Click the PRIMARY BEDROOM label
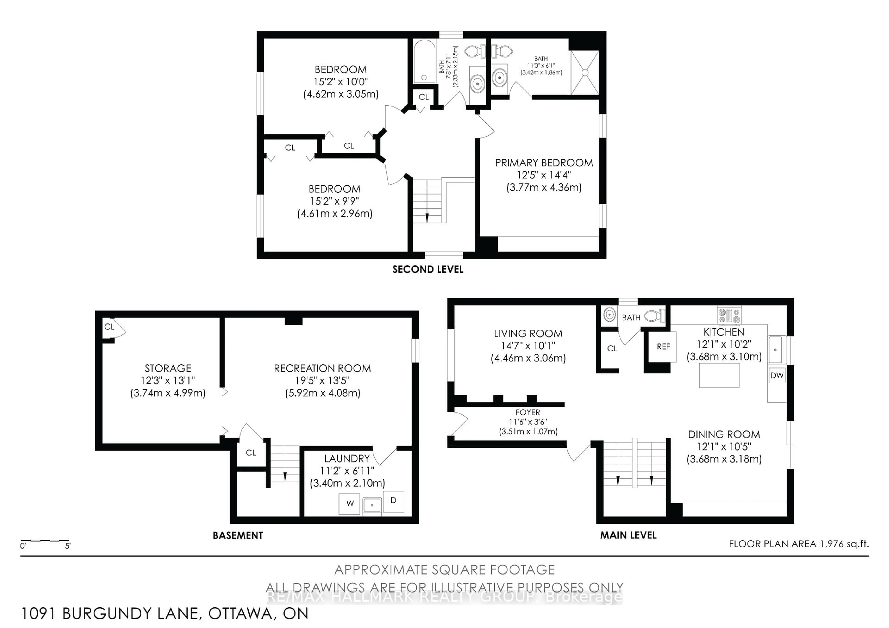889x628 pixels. tap(544, 163)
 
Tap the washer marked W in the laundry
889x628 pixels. tap(350, 504)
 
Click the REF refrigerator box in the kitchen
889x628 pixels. tap(663, 347)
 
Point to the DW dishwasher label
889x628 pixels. tap(777, 375)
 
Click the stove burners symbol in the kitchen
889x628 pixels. tap(729, 315)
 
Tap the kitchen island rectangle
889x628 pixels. tap(719, 375)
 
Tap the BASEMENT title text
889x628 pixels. tap(238, 535)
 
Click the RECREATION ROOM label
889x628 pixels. tap(322, 368)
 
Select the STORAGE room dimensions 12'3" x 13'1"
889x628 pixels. tap(168, 381)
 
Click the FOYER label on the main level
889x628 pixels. tap(527, 413)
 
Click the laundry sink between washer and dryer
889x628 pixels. tap(372, 505)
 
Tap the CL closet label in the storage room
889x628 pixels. tap(109, 326)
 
